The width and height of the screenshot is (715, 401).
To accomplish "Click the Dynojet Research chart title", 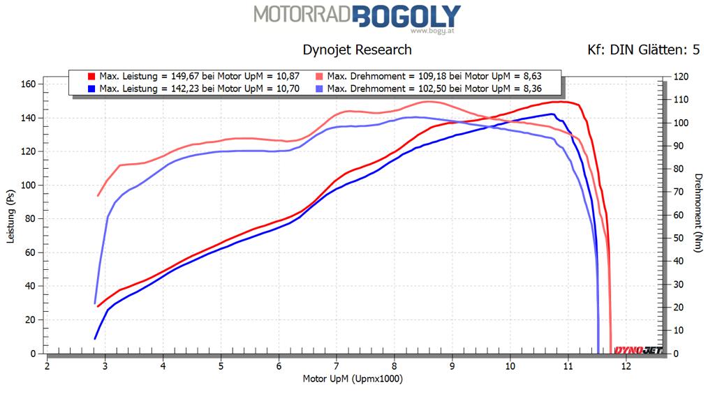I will pyautogui.click(x=357, y=50).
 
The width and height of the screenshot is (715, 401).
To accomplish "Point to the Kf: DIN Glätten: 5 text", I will pyautogui.click(x=644, y=50).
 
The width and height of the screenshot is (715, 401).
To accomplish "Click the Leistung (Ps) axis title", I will pyautogui.click(x=10, y=217).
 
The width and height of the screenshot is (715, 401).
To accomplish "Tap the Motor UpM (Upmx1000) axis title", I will pyautogui.click(x=353, y=379).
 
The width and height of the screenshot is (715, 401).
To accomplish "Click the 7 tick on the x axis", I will pyautogui.click(x=337, y=365).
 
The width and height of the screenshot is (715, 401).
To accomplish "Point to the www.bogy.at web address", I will pyautogui.click(x=427, y=31).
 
